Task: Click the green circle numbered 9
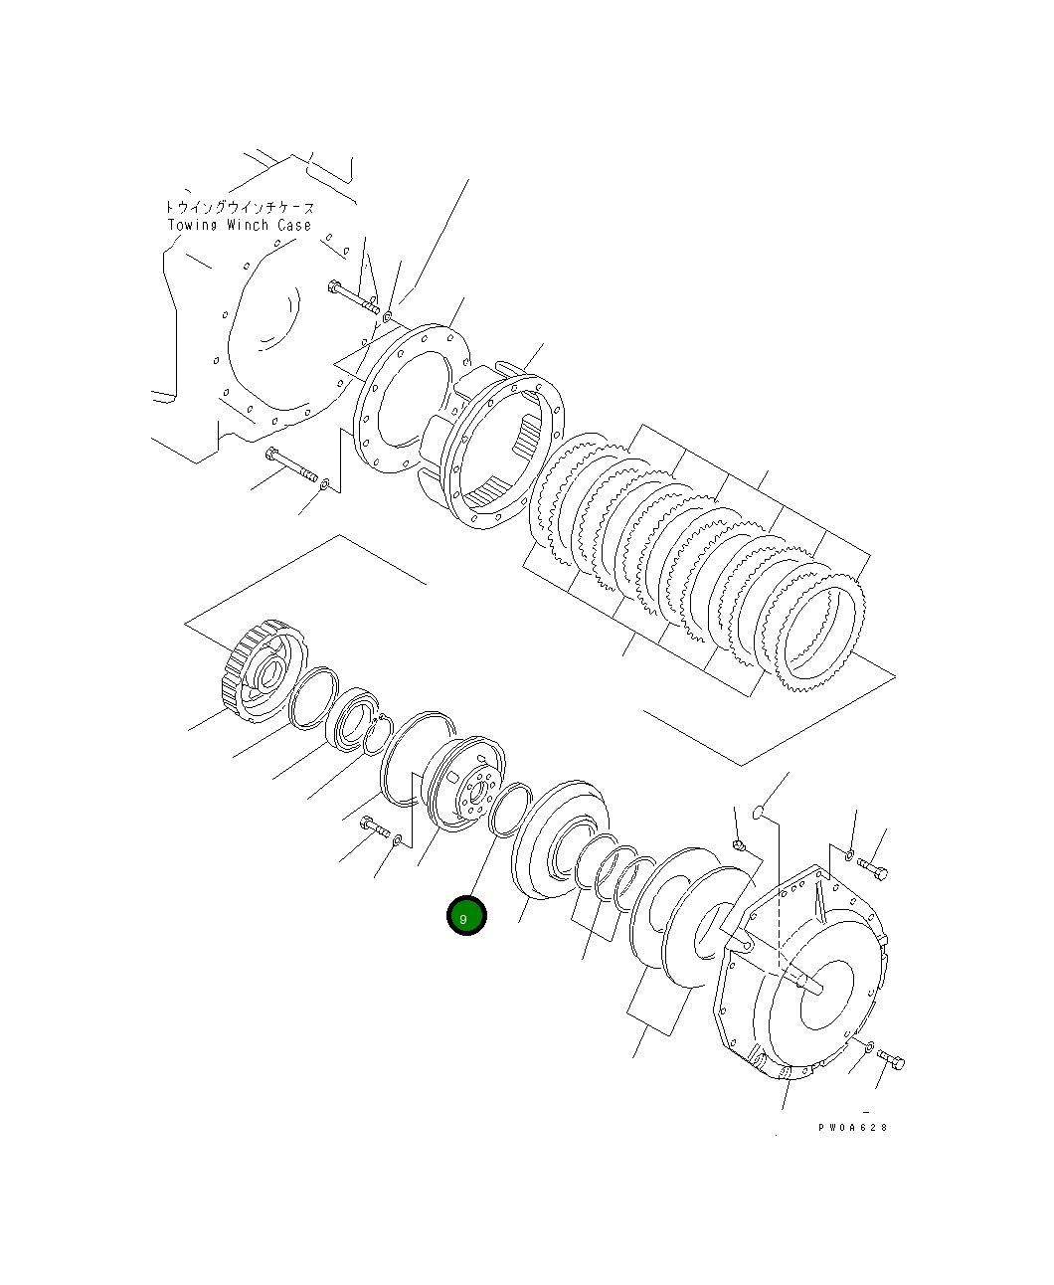tap(466, 916)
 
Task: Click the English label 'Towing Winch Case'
tap(239, 225)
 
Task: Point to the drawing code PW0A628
tap(852, 1127)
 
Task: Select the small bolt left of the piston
tap(374, 826)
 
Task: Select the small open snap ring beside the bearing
tap(375, 737)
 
